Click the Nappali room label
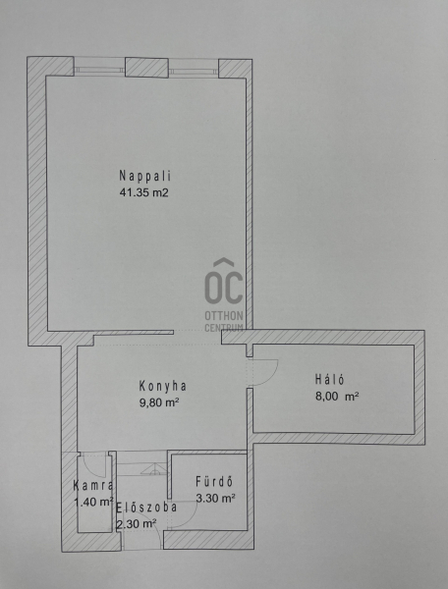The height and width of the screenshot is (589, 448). pyautogui.click(x=145, y=176)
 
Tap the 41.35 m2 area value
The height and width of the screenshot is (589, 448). pyautogui.click(x=144, y=192)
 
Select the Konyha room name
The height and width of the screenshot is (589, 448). pyautogui.click(x=163, y=386)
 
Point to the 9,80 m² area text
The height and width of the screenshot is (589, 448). pyautogui.click(x=158, y=402)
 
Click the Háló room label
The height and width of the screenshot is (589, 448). pyautogui.click(x=329, y=379)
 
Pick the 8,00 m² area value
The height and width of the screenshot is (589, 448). pyautogui.click(x=337, y=397)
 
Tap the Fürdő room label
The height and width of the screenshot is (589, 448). pyautogui.click(x=214, y=482)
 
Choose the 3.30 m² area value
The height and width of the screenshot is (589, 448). pyautogui.click(x=215, y=499)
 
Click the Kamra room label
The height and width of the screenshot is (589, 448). pyautogui.click(x=93, y=485)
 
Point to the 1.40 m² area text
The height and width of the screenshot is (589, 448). pyautogui.click(x=93, y=502)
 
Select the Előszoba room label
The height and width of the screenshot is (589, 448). pyautogui.click(x=146, y=508)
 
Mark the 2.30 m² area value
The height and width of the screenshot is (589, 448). pyautogui.click(x=136, y=524)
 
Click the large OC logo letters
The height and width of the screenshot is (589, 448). pyautogui.click(x=224, y=282)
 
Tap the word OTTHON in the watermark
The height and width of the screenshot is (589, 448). pyautogui.click(x=224, y=315)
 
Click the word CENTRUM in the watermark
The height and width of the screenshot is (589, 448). pyautogui.click(x=224, y=328)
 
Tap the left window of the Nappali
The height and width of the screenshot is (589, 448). pyautogui.click(x=99, y=67)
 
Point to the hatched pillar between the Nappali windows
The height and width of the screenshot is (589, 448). pyautogui.click(x=146, y=68)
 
